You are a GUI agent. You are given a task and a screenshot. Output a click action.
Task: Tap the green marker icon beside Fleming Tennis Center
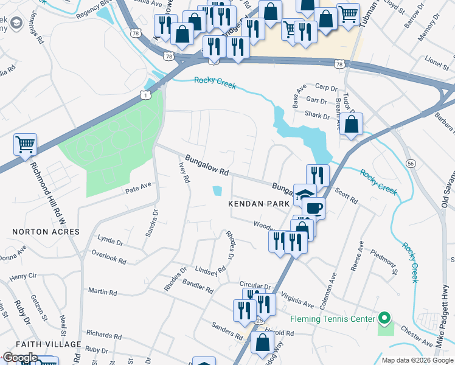coord(384,318)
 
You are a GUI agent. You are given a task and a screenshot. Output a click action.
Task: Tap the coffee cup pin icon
coord(313,207)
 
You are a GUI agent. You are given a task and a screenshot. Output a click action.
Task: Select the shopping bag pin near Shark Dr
coord(352,124)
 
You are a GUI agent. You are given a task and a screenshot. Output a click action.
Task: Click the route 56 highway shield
coord(411,164)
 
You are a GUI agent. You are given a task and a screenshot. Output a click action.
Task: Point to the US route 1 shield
coord(145,94)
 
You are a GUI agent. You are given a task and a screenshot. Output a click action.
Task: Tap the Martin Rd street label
coord(102,292)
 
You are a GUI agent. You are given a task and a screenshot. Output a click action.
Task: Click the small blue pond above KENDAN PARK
coord(217,191)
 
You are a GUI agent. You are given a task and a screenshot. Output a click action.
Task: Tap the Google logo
coord(20,358)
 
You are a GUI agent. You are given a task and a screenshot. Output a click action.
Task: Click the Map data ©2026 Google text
coord(417,360)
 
